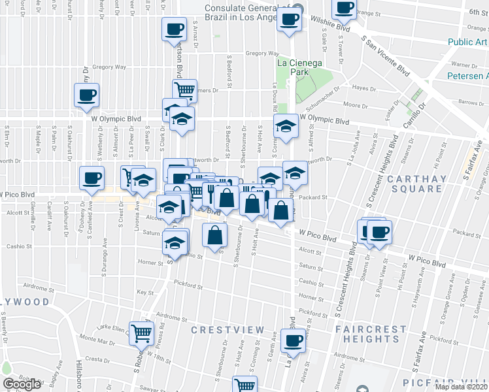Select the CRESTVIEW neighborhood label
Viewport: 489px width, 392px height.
[x=228, y=331]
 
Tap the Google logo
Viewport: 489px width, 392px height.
[x=22, y=384]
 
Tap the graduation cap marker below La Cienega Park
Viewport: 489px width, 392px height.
[x=286, y=126]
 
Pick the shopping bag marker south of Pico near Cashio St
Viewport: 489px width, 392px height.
[x=214, y=235]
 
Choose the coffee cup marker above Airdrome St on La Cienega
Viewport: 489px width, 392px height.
[x=294, y=340]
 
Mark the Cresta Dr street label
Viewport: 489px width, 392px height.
[x=97, y=359]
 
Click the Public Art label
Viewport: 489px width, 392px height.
[x=467, y=42]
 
